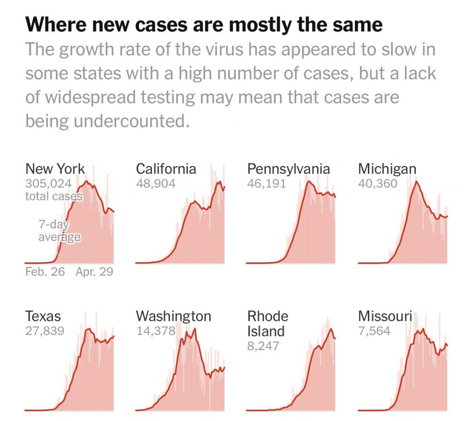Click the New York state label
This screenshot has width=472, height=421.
coord(55,168)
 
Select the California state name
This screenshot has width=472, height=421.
coord(166,168)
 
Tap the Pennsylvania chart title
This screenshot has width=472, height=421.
coord(289,169)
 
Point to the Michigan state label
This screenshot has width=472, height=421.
coord(387,169)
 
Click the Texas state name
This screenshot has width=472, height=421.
coord(43,316)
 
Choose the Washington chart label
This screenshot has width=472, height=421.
coord(173,316)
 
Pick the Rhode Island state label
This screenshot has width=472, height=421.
coord(268,324)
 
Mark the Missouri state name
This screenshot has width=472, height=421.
coord(385,316)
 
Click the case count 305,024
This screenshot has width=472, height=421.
coord(48,183)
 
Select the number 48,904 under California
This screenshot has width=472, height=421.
coord(156,183)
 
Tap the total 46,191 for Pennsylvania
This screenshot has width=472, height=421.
coord(266,183)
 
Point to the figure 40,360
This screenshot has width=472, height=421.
coord(378,183)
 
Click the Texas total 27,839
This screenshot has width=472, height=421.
coord(45,331)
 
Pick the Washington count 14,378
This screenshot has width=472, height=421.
coord(156,331)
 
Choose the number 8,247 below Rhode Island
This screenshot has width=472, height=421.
coord(263,346)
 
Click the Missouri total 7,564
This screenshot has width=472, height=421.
coord(374,331)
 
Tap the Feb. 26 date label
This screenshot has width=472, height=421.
coord(45,271)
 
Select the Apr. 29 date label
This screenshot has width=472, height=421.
coord(94,271)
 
